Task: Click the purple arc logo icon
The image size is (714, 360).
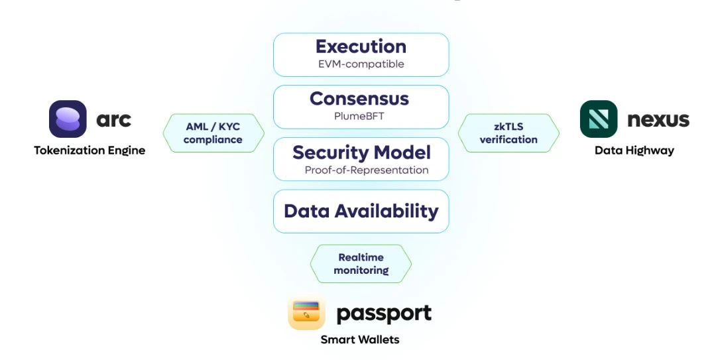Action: [68, 119]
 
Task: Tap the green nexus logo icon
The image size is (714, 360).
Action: [599, 119]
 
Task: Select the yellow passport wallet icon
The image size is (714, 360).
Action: [306, 313]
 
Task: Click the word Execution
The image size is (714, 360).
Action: [361, 46]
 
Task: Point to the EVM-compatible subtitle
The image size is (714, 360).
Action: [361, 64]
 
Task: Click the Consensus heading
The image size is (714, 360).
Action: [359, 99]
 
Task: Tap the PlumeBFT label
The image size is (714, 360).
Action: [359, 117]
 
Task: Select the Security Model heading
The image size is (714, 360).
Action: [361, 152]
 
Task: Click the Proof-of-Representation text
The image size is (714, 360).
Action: [366, 170]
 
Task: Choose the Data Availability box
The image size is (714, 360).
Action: [361, 211]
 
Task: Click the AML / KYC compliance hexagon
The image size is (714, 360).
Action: [213, 133]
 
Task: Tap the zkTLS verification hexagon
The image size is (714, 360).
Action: [508, 133]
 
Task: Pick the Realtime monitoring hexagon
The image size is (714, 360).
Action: [361, 264]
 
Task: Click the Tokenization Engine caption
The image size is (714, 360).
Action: [89, 150]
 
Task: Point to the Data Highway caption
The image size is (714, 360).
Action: [634, 150]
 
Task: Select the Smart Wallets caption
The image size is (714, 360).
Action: [360, 340]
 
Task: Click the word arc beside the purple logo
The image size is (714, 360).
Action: [113, 119]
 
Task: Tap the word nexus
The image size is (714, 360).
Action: [658, 120]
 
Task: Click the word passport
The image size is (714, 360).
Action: [384, 314]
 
